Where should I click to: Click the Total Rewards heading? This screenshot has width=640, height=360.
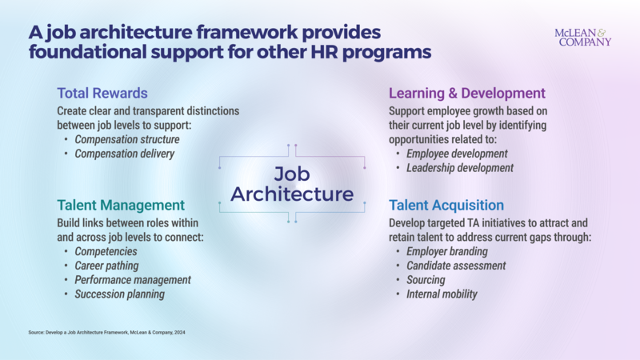click(102, 93)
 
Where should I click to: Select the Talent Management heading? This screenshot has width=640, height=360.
click(121, 204)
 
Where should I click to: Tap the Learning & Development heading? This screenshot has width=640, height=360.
click(466, 93)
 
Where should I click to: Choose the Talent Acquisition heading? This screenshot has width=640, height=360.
click(446, 205)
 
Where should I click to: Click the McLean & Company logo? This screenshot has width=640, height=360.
click(582, 37)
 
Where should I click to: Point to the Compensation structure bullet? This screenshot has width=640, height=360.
click(127, 139)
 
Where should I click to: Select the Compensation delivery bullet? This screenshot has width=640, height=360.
click(124, 154)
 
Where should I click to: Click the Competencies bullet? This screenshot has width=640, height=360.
click(106, 251)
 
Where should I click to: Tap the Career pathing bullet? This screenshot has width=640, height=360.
click(106, 266)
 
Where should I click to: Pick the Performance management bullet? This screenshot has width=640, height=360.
click(133, 280)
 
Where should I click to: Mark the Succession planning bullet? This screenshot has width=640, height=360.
click(120, 294)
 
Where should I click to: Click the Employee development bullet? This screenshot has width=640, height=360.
click(458, 154)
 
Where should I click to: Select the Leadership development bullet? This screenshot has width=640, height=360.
click(461, 168)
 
